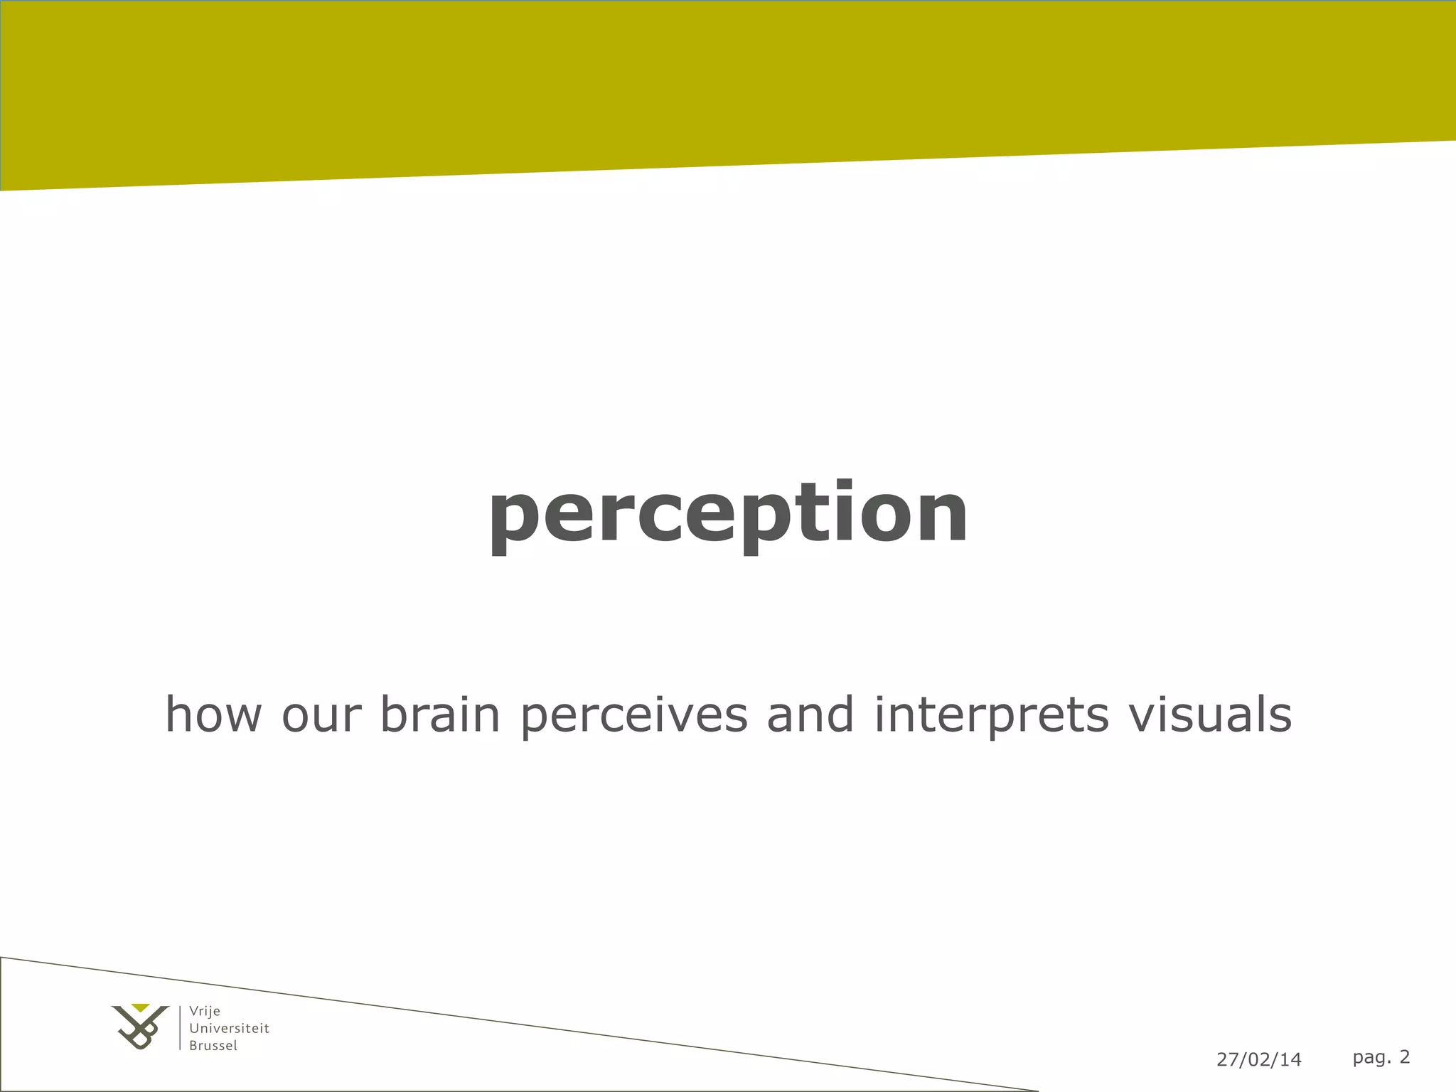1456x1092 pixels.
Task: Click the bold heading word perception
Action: click(x=728, y=513)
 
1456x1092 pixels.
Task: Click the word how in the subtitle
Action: click(x=214, y=714)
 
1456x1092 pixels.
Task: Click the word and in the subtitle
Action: click(x=810, y=714)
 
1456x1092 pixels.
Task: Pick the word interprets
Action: click(x=991, y=715)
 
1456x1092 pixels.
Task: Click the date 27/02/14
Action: click(x=1258, y=1059)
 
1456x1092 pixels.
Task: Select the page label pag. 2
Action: click(x=1381, y=1057)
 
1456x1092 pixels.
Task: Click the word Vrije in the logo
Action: click(x=205, y=1011)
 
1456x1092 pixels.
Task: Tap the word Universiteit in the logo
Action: click(x=229, y=1028)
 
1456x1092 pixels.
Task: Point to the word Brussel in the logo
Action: click(x=213, y=1046)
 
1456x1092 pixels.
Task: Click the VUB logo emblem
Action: click(x=141, y=1029)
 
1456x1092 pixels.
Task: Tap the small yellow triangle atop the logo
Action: click(x=141, y=1007)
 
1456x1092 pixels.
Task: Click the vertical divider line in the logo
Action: click(x=180, y=1027)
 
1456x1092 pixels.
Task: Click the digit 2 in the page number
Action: click(x=1404, y=1056)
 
